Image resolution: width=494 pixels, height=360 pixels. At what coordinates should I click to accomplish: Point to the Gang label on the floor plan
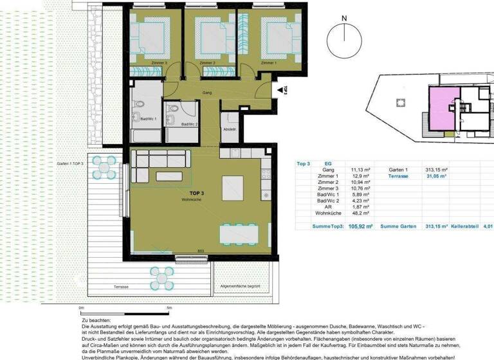206,93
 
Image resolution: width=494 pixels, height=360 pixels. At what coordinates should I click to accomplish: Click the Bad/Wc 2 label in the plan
189,124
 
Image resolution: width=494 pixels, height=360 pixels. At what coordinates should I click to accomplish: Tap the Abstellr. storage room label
230,128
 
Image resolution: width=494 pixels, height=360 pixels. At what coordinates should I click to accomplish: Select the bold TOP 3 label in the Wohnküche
196,194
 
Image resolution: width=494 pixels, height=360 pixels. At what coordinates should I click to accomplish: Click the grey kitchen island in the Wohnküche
233,189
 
